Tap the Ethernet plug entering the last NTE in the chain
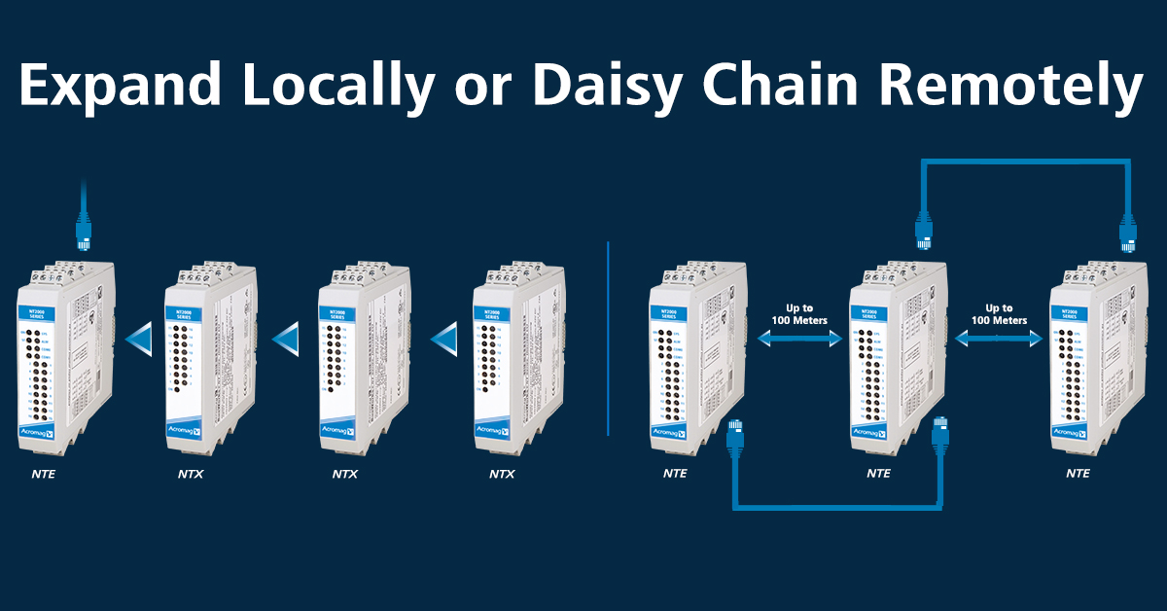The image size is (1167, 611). (x=1128, y=234)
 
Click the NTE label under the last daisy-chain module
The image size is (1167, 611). (x=1078, y=474)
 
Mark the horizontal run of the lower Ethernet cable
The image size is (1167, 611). (x=836, y=507)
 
